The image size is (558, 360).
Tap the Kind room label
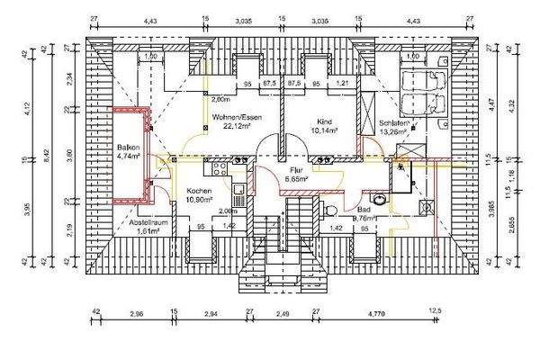click(325, 120)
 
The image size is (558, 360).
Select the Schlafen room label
click(395, 122)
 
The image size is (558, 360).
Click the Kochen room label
click(200, 192)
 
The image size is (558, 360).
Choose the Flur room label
click(299, 170)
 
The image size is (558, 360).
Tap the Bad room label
click(364, 208)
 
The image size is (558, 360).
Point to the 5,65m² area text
click(299, 180)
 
